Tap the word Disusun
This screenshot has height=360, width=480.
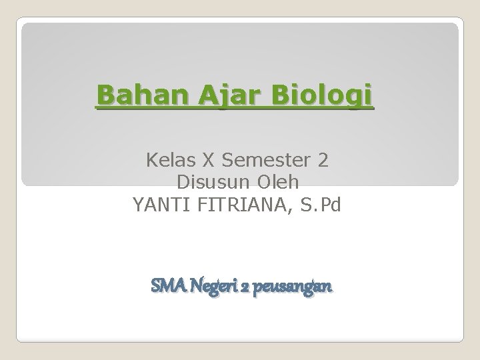coord(209,182)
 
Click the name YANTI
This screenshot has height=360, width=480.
coord(157,204)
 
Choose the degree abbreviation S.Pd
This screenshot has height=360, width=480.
coord(321,204)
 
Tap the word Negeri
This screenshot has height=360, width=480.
coord(213,287)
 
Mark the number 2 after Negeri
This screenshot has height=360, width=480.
coord(245,287)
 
